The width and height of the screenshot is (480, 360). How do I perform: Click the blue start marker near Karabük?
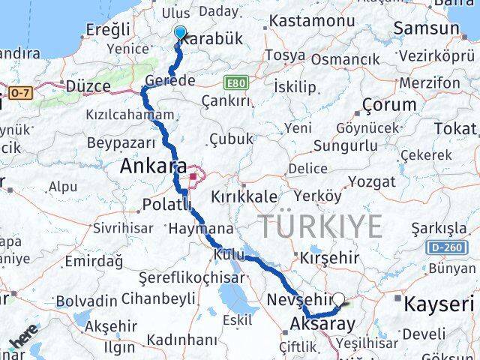click(180, 31)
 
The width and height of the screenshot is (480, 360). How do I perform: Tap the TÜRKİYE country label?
click(320, 225)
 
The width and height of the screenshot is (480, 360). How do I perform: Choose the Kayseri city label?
click(439, 304)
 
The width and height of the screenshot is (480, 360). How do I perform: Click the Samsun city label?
click(430, 28)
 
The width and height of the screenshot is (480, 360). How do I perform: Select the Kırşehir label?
click(331, 257)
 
